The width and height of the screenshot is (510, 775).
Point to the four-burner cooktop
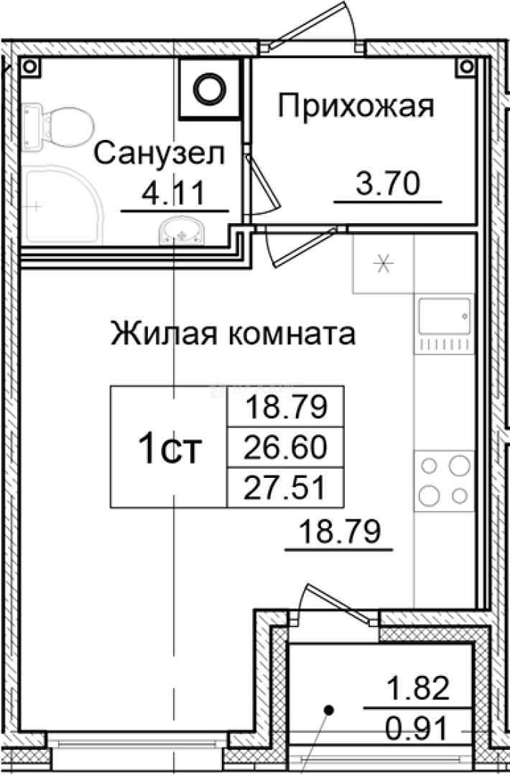(445, 479)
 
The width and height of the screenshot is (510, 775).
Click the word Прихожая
(356, 108)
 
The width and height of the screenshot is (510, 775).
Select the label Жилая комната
(233, 334)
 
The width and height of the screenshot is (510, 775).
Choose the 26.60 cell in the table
(286, 448)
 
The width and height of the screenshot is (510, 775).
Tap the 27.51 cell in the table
(286, 488)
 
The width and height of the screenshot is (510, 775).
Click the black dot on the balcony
(329, 710)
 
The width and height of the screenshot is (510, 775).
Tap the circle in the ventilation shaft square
(210, 89)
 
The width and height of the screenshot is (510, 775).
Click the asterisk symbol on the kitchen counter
(383, 263)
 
